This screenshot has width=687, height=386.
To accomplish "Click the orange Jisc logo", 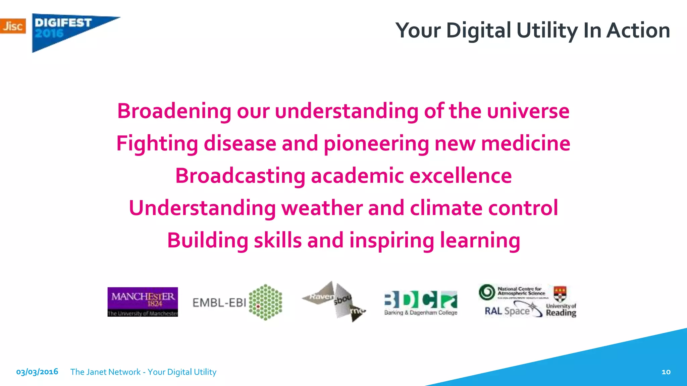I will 13,26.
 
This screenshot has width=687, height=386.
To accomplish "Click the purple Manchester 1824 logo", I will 143,302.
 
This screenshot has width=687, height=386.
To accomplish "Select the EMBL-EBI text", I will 219,303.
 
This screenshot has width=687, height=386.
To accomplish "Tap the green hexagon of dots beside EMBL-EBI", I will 266,302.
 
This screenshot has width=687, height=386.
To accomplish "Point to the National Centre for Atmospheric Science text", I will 521,291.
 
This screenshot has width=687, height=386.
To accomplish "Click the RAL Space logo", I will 512,310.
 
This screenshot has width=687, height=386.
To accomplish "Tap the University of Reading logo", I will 561,303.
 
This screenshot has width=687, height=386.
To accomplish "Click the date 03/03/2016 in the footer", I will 37,372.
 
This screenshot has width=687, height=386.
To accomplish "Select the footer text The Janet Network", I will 105,372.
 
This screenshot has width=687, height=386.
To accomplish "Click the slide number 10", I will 666,372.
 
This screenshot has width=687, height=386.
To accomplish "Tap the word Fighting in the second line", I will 157,143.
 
